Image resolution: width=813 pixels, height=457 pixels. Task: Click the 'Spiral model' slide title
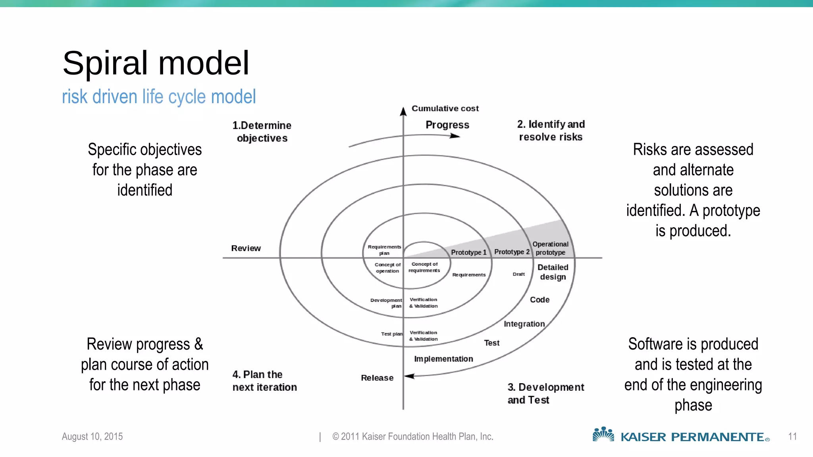[156, 63]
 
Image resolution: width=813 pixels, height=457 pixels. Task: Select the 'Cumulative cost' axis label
[445, 108]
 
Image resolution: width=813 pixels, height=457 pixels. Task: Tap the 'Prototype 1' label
[468, 252]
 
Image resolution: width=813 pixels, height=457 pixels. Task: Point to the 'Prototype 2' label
[512, 252]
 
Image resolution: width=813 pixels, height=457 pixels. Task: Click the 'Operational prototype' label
[550, 248]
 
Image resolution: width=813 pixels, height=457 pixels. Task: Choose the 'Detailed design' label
[553, 272]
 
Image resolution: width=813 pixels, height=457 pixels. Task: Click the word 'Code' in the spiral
[539, 300]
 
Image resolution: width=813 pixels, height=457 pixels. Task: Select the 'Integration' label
[524, 324]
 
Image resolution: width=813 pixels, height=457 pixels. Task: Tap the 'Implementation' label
[443, 359]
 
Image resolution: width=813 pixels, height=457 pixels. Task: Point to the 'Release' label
[377, 378]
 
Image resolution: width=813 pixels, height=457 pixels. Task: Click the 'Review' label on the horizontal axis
[246, 248]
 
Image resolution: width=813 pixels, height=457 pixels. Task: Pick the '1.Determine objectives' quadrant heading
[262, 132]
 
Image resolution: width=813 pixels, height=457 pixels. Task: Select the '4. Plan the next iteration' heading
[264, 381]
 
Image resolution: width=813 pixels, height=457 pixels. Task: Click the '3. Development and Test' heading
[545, 394]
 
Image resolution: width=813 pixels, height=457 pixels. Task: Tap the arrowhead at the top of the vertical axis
[403, 111]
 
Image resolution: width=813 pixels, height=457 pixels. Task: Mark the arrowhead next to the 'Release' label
[409, 376]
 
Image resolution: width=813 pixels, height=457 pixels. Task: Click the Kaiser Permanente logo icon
[603, 434]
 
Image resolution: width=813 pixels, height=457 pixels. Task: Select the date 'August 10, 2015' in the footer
[92, 436]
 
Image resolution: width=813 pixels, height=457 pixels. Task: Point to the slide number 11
[792, 436]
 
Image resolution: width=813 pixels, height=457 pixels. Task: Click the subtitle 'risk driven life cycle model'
[159, 97]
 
